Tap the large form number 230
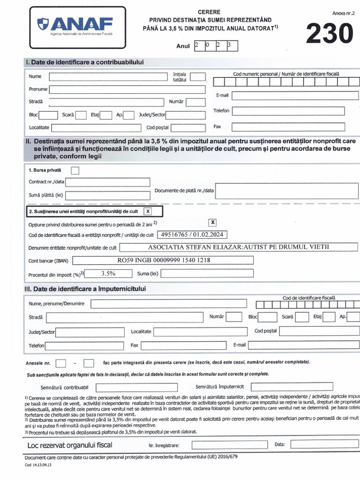(330, 34)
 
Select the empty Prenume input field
(127, 90)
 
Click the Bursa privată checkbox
(75, 170)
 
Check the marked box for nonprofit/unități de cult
(148, 212)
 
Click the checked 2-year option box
(213, 223)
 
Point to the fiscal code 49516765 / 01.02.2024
(191, 234)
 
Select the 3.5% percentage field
(108, 273)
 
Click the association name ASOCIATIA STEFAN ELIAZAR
(238, 247)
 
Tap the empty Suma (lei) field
(207, 273)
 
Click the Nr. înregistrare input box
(223, 445)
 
